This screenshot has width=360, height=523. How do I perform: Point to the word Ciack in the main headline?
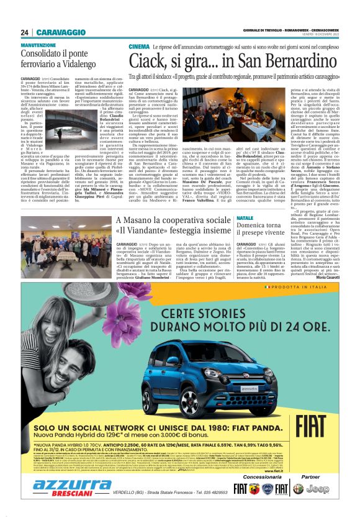158,61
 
